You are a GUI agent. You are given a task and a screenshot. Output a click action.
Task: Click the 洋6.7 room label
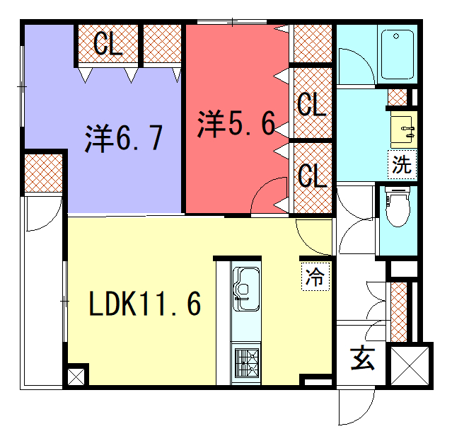(124, 139)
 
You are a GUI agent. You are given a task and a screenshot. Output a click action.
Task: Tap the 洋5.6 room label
(236, 123)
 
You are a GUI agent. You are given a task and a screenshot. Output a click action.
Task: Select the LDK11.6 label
(145, 304)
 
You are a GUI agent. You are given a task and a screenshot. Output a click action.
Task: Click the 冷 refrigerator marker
(315, 277)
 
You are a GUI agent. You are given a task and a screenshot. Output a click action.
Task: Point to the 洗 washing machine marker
(402, 164)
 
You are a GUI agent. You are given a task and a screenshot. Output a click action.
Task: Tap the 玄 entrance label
(362, 359)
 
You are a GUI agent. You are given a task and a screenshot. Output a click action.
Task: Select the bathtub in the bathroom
(398, 55)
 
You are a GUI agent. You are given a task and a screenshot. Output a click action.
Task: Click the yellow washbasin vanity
(404, 130)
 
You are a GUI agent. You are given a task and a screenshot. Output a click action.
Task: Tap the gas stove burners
(247, 362)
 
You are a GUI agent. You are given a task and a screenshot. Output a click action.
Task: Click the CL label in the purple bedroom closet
(108, 44)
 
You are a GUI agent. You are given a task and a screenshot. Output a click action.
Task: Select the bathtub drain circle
(396, 36)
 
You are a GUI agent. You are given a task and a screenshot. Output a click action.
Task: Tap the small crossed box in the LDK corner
(76, 377)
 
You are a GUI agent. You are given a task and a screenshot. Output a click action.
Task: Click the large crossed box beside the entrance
(410, 365)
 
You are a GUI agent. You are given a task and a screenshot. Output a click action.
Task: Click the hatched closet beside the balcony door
(43, 173)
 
